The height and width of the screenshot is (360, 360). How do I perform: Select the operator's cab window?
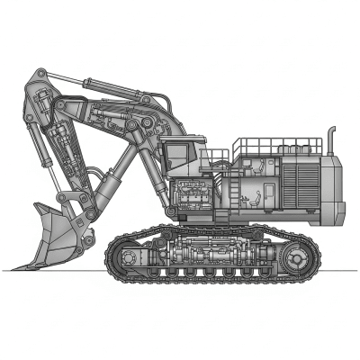pyautogui.click(x=178, y=153)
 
